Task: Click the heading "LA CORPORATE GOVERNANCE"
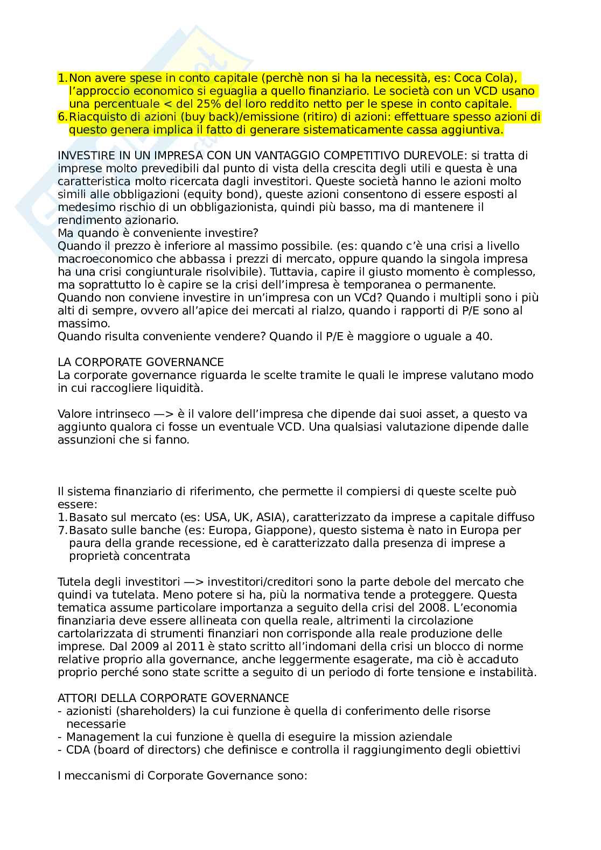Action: [141, 362]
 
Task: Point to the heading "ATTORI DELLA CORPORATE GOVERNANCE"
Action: [173, 698]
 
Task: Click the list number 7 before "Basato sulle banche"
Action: [62, 530]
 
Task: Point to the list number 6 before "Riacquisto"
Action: [62, 117]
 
